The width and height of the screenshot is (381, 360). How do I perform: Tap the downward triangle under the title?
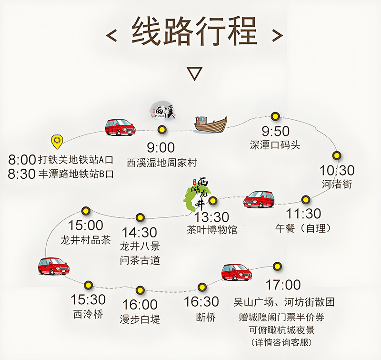tap(194, 73)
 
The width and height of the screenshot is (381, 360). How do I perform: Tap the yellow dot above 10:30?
tap(337, 155)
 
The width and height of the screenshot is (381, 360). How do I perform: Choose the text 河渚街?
tap(337, 184)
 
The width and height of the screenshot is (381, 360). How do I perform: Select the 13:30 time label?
tap(211, 217)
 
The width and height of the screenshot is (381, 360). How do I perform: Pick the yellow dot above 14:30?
tap(140, 217)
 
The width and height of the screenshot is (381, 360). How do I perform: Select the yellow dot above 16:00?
tap(140, 290)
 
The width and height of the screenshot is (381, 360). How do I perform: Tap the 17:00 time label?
tap(283, 286)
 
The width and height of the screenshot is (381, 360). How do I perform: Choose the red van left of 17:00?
tap(237, 272)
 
